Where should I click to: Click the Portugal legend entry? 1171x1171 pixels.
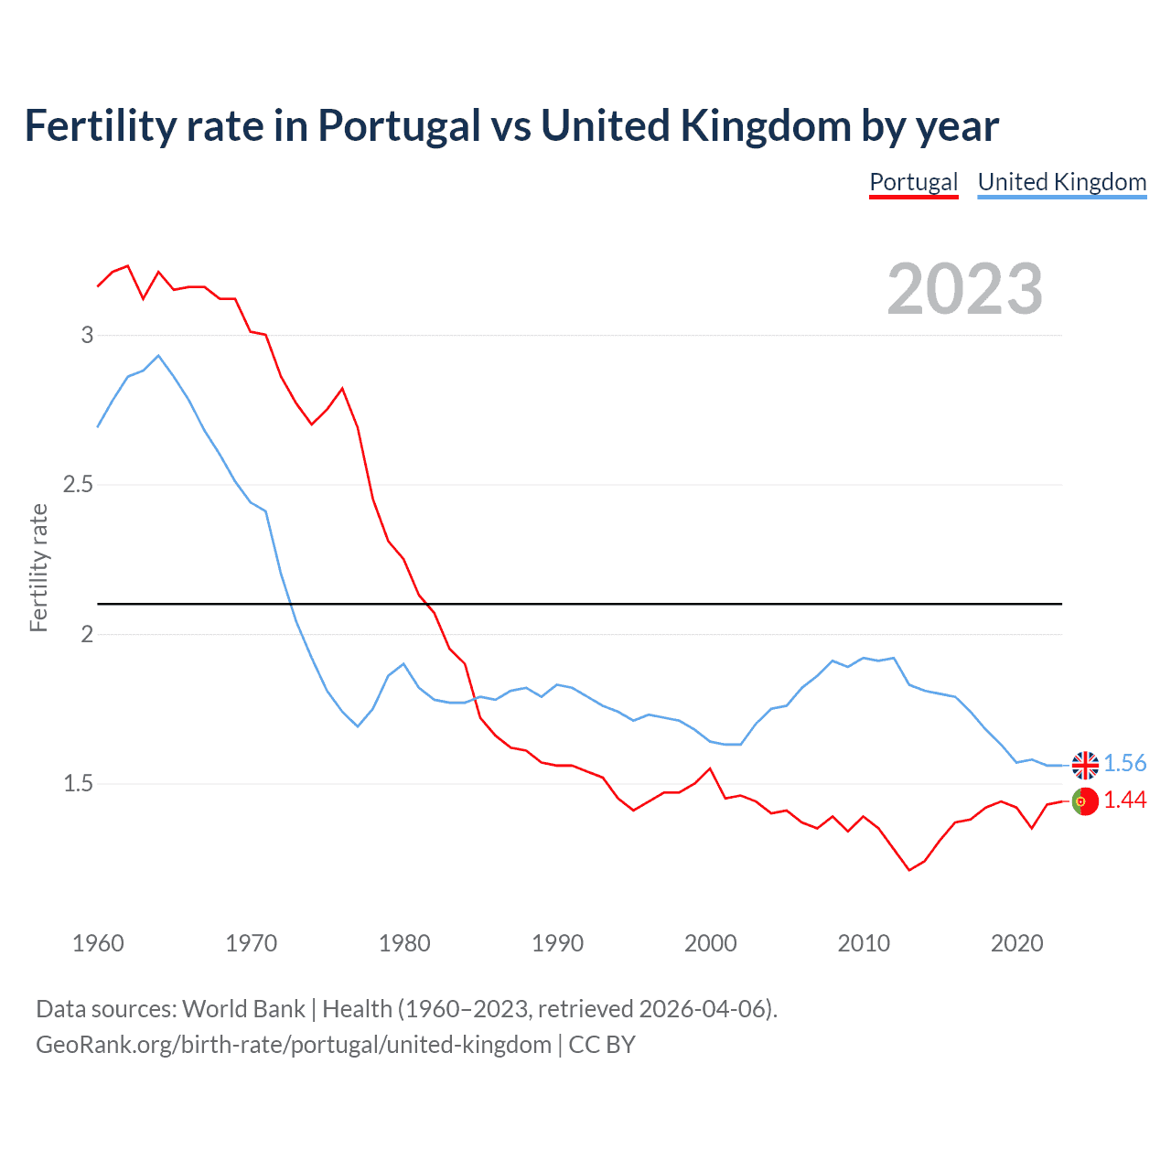point(913,182)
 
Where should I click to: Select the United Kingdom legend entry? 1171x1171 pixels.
point(1061,182)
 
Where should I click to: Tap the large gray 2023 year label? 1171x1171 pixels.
point(964,289)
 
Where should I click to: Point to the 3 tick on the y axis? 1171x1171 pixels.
point(88,335)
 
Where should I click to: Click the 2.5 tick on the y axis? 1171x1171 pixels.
point(79,484)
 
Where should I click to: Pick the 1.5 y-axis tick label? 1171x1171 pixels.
point(79,783)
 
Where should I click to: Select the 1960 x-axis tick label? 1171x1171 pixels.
point(98,943)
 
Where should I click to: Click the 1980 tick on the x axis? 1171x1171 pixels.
point(404,943)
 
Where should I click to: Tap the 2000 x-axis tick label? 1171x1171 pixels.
point(710,943)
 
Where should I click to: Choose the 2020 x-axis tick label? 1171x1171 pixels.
point(1016,943)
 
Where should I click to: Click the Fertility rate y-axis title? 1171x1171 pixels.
point(38,567)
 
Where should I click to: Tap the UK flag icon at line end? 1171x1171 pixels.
point(1085,764)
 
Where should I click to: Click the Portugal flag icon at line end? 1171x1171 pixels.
point(1085,800)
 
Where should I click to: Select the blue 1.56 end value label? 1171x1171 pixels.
point(1124,764)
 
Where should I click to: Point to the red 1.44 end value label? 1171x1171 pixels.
point(1124,800)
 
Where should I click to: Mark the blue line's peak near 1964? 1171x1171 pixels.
point(158,356)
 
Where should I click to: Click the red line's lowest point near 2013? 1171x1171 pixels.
point(909,869)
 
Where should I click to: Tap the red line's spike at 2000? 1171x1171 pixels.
point(710,768)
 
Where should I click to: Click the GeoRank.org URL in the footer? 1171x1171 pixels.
point(293,1045)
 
